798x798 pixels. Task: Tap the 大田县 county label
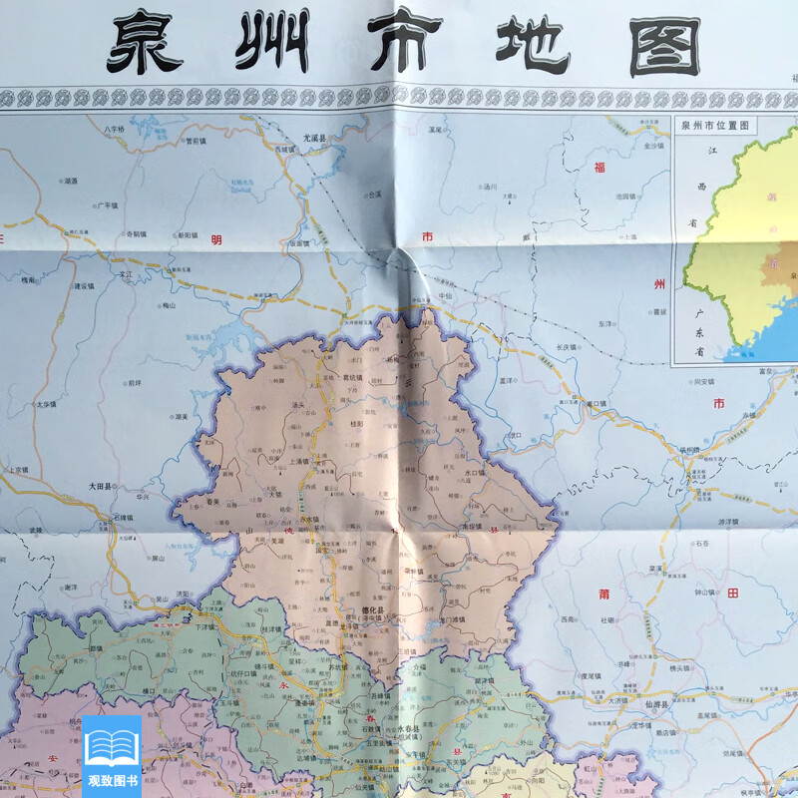coord(103,486)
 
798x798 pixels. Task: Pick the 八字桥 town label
coord(114,130)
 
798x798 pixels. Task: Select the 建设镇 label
coord(84,285)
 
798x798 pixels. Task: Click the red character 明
coord(213,239)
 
